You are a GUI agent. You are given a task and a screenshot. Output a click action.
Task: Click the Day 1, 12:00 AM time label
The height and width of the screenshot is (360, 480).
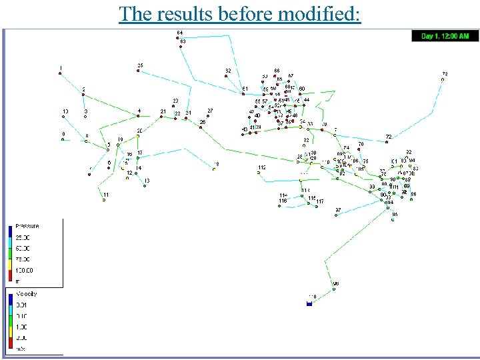point(445,36)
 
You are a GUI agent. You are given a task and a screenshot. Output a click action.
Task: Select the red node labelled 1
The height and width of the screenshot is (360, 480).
point(60,73)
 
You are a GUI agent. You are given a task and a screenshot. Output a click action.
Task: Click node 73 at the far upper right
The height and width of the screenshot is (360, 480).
point(443,79)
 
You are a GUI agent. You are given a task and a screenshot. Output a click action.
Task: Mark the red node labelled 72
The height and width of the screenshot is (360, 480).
point(387,141)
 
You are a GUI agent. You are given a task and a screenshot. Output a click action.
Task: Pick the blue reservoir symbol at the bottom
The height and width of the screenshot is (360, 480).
point(309,303)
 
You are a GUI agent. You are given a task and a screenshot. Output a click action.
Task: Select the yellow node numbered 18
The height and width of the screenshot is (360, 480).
point(215,169)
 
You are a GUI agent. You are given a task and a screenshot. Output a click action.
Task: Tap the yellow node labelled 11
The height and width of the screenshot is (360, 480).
point(104,200)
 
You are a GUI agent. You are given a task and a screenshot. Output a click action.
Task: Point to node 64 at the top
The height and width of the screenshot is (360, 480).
point(180,38)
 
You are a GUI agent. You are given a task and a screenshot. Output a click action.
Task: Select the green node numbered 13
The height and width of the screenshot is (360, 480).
point(144,186)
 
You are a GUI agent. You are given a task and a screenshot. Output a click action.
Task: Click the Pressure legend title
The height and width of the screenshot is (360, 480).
point(28,227)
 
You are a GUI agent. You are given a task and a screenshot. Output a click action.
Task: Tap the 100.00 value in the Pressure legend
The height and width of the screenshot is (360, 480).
point(25,270)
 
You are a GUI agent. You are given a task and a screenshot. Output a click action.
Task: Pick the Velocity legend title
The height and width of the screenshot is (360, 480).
point(27,293)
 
